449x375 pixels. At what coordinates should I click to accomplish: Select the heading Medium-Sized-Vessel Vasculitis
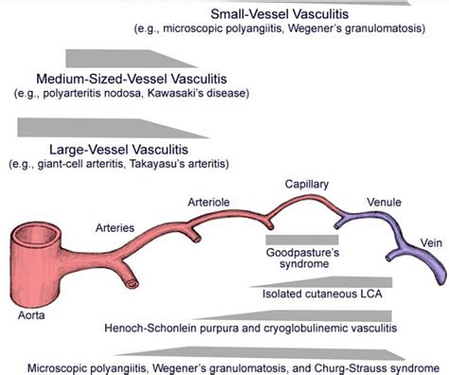pyautogui.click(x=128, y=80)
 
